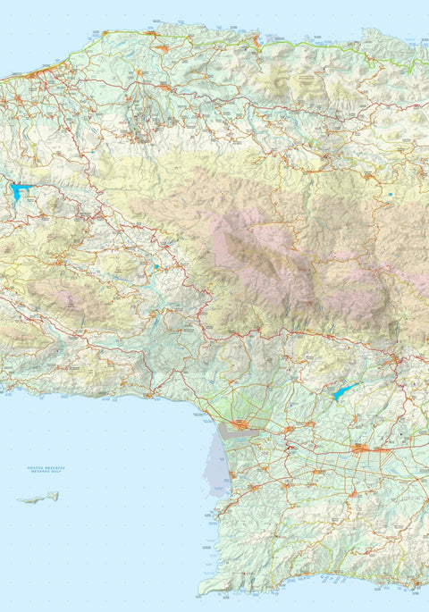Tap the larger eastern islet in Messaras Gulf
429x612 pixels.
coord(53,496)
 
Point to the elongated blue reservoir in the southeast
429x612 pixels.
coord(343,391)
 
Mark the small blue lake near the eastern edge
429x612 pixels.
coord(391,194)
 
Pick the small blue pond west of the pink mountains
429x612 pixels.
coord(155,266)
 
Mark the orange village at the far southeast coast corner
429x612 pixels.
coord(416,585)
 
